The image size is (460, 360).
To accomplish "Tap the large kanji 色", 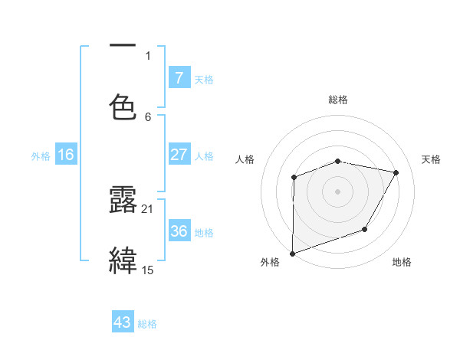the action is coord(123,106).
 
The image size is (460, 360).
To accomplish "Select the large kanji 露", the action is coord(123,201).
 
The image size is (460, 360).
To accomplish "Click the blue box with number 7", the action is coord(179,77).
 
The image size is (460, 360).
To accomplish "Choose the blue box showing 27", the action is coord(179,155).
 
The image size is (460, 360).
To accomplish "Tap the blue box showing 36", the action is coord(179,231).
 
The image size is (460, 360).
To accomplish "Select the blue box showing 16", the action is coord(66,155).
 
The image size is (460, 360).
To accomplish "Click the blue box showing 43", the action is coord(123,322).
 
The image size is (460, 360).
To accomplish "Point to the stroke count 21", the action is coord(148,208).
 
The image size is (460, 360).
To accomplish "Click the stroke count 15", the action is coord(148,270).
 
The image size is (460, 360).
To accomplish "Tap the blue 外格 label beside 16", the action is coord(41,155).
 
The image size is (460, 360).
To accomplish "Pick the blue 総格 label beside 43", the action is coord(147,324).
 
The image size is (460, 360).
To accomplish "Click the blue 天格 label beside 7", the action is coord(204,79).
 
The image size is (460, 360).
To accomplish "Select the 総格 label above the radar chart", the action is coord(338,100).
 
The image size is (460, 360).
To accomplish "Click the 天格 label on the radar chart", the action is coord(432,159).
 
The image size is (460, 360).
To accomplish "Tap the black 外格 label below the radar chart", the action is coord(270,262).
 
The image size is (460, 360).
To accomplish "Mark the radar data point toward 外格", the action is coord(293,253).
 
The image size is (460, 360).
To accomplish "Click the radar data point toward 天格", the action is coord(396,173).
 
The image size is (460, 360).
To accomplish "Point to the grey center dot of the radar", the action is coord(338,191).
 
